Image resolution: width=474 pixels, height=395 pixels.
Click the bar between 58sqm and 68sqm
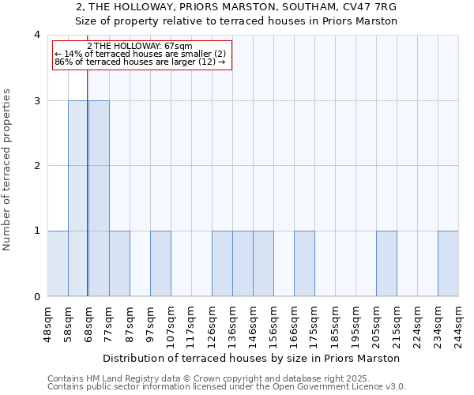pyautogui.click(x=78, y=198)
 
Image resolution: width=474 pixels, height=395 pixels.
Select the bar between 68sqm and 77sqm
pyautogui.click(x=99, y=198)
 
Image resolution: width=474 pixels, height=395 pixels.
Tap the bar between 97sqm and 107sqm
pyautogui.click(x=160, y=264)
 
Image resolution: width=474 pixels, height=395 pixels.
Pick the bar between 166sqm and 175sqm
pyautogui.click(x=304, y=264)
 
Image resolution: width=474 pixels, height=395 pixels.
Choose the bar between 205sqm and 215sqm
pyautogui.click(x=386, y=264)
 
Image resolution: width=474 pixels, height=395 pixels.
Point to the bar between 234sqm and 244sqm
pyautogui.click(x=448, y=264)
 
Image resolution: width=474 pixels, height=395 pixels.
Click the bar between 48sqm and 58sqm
pyautogui.click(x=58, y=264)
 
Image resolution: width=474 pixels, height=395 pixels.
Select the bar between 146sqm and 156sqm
pyautogui.click(x=263, y=264)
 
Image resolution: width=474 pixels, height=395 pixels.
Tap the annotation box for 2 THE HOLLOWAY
pyautogui.click(x=142, y=55)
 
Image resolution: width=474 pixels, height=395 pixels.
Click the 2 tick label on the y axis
pyautogui.click(x=37, y=166)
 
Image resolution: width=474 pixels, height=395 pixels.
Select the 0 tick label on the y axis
pyautogui.click(x=37, y=297)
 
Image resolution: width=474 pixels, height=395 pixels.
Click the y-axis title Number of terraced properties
pyautogui.click(x=8, y=169)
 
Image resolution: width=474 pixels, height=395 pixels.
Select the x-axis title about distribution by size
pyautogui.click(x=252, y=358)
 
